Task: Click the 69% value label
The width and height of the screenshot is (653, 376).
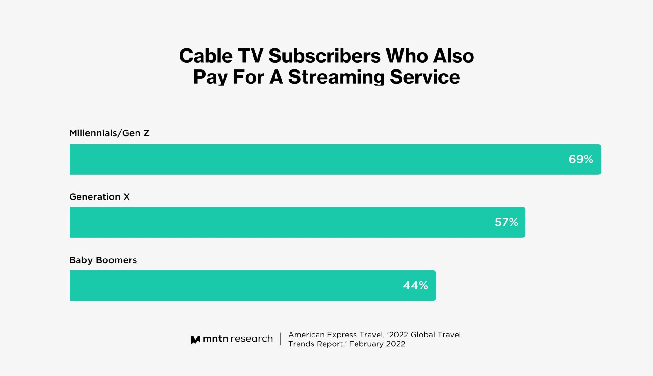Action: [x=581, y=159]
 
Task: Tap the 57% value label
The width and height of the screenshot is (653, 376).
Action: [x=506, y=222]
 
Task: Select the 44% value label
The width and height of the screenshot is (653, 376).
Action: [x=415, y=285]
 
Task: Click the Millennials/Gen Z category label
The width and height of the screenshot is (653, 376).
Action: [x=109, y=133]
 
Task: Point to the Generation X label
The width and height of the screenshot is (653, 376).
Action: [x=99, y=197]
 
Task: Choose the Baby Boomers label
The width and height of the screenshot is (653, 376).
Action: [x=103, y=260]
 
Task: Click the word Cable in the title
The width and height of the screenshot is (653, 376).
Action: [x=206, y=56]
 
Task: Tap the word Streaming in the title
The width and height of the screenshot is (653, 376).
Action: [x=336, y=77]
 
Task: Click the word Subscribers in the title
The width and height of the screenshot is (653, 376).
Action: [x=325, y=56]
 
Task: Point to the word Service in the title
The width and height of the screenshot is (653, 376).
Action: [x=425, y=77]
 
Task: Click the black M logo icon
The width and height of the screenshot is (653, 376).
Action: [x=195, y=340]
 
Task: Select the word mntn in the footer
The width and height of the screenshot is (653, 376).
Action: [x=215, y=339]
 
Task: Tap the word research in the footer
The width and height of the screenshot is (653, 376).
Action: [x=252, y=339]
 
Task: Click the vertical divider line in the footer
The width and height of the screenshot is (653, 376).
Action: [x=281, y=339]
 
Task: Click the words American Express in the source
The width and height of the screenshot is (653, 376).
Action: [x=322, y=335]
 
